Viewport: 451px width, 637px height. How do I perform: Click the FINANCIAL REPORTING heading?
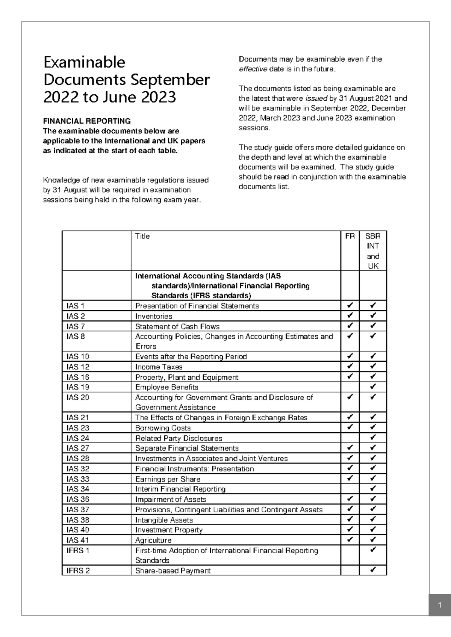(87, 121)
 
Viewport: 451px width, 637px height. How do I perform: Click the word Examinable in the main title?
(84, 62)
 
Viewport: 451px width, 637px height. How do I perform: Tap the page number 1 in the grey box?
(439, 605)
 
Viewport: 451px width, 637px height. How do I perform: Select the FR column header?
(350, 236)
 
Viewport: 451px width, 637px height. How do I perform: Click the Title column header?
(142, 236)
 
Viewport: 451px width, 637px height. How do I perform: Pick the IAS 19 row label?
(78, 387)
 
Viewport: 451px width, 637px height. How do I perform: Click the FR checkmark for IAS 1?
(350, 305)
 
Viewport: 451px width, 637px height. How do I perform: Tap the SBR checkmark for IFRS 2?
(373, 570)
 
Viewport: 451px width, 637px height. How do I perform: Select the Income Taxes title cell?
(159, 367)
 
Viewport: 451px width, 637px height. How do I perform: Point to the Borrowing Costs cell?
(163, 428)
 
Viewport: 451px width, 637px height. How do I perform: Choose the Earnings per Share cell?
(168, 479)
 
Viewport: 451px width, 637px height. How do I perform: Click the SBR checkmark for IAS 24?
(373, 438)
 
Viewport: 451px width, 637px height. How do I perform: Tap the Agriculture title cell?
(153, 540)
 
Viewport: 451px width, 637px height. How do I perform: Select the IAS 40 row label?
(78, 530)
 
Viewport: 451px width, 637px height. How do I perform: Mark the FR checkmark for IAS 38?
(350, 519)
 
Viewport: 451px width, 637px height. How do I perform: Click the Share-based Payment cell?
(173, 571)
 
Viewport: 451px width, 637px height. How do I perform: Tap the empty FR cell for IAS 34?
(350, 489)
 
